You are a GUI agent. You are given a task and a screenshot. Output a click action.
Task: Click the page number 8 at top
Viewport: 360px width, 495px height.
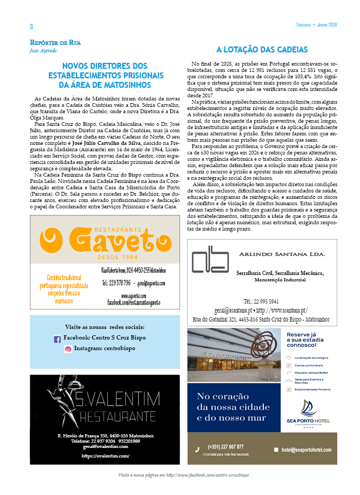(31, 26)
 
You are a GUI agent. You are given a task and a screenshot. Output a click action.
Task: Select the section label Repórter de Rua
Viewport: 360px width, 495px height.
(56, 42)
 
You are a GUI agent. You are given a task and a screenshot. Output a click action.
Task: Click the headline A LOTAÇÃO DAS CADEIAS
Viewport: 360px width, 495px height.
(262, 50)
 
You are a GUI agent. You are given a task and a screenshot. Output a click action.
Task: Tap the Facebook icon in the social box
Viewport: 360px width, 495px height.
(57, 339)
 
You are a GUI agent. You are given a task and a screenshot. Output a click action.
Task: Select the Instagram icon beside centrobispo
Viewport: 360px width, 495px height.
(68, 349)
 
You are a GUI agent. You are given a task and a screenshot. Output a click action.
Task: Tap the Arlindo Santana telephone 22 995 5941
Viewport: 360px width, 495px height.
(261, 301)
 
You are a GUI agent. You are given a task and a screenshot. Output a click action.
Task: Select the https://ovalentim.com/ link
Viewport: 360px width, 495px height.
(106, 455)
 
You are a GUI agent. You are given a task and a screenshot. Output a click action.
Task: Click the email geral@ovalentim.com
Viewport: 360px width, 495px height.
(105, 446)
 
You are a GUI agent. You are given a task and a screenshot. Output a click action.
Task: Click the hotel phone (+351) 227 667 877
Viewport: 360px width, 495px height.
(226, 447)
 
